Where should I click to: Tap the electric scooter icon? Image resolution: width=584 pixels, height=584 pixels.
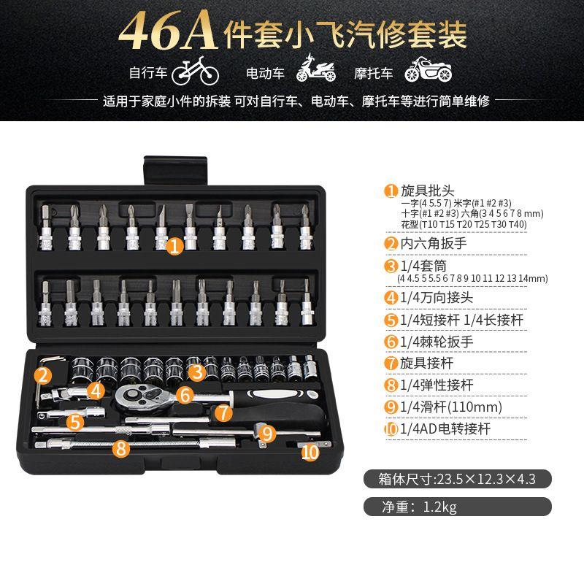coord(315,71)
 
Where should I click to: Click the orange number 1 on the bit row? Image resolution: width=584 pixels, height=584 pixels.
coord(174,247)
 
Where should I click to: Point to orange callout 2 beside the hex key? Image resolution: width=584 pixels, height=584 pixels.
coord(43,376)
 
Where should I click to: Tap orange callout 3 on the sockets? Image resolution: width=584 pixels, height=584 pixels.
coord(195,372)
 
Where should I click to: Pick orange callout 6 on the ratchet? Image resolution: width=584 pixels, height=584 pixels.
coord(185,395)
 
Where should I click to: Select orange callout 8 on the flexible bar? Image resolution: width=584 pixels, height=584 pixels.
coord(121,448)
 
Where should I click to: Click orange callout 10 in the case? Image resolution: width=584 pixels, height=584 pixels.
coord(310,453)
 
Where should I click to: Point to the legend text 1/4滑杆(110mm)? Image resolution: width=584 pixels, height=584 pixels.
coord(451,407)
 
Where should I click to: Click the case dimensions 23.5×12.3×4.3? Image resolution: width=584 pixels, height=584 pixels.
coord(485,480)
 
